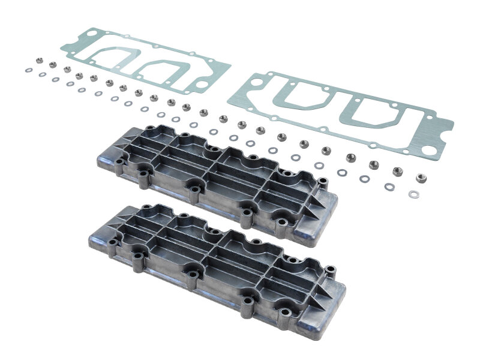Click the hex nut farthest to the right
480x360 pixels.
coord(421,178)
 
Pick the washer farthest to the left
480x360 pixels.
coord(28,70)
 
